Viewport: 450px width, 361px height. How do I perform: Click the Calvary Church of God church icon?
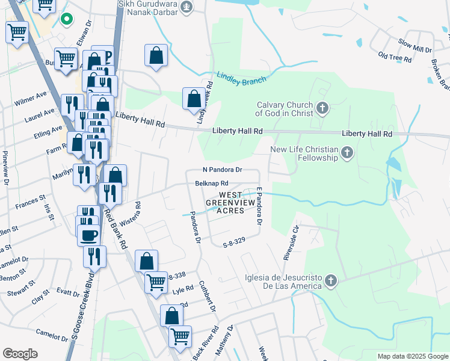[323, 108]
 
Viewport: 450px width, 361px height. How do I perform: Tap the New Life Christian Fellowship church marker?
[347, 153]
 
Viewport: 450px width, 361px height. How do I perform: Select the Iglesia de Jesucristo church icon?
[330, 281]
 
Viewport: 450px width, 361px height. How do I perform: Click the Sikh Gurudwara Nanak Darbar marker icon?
[187, 7]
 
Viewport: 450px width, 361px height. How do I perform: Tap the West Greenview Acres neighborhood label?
[231, 203]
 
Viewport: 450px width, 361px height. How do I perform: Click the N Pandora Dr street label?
[221, 170]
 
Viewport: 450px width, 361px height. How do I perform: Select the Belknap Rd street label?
[212, 183]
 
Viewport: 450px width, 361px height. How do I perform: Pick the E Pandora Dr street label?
[259, 206]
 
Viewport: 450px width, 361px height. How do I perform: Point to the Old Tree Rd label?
[394, 58]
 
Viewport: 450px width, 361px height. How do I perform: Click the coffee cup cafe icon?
[88, 234]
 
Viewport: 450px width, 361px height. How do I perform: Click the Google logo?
[20, 354]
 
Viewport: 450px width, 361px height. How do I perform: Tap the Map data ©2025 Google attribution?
[411, 356]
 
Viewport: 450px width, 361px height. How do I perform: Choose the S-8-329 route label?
[235, 245]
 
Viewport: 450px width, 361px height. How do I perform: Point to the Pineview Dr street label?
[5, 168]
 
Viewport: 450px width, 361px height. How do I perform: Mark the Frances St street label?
[31, 202]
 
